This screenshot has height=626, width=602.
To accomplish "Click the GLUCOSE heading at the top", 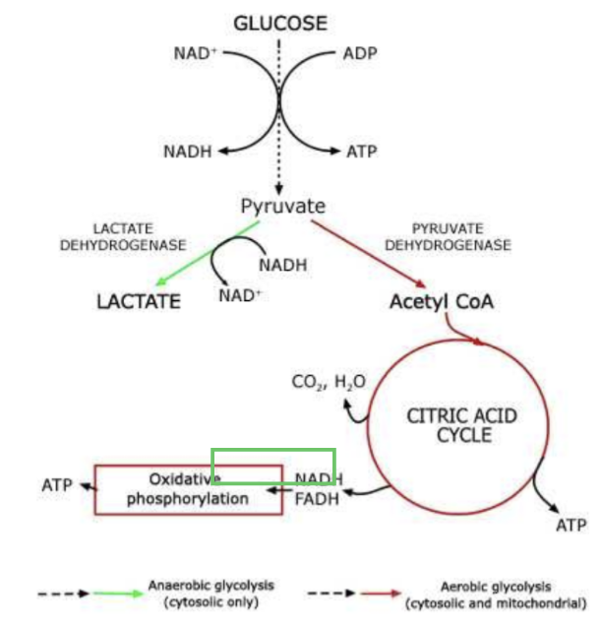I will pyautogui.click(x=280, y=23).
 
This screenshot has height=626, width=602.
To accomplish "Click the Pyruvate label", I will pyautogui.click(x=282, y=207).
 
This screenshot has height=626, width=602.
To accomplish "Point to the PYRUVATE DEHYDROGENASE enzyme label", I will pyautogui.click(x=448, y=236).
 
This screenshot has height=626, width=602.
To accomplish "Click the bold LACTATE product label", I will pyautogui.click(x=139, y=301).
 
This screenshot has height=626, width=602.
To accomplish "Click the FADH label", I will pyautogui.click(x=317, y=499).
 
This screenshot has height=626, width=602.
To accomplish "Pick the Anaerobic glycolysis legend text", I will pyautogui.click(x=211, y=593).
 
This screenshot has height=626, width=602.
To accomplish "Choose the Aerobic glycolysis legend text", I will pyautogui.click(x=497, y=593).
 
